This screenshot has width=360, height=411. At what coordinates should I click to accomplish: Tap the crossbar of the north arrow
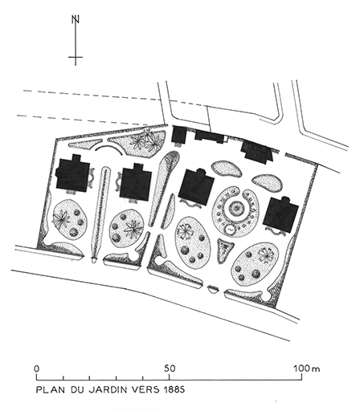coord(76,58)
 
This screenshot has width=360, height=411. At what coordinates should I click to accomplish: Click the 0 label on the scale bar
coord(37,368)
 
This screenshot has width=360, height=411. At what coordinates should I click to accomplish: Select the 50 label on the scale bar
coord(170,368)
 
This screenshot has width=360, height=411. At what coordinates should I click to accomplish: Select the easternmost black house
coord(282,213)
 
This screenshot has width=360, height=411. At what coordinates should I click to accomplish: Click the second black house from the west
coord(135,182)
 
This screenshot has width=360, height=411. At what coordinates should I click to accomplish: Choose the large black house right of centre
coord(197,189)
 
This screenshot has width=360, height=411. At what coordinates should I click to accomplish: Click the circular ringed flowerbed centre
coord(235,210)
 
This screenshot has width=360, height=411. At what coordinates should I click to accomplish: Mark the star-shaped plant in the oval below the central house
coord(186,233)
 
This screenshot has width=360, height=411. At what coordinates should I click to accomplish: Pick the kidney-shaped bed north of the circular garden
coord(227,170)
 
